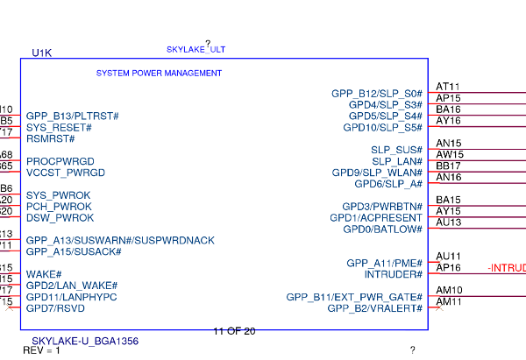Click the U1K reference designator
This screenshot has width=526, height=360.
(x=41, y=53)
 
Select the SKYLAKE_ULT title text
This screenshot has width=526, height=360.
(x=195, y=50)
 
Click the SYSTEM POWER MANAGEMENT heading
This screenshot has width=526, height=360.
(x=159, y=74)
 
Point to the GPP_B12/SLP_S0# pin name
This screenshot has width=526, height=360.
(x=376, y=93)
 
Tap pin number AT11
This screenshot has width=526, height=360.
(x=448, y=87)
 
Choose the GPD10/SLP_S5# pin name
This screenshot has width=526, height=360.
(x=385, y=127)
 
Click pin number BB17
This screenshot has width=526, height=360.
(x=448, y=166)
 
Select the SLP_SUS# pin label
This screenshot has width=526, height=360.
(x=396, y=150)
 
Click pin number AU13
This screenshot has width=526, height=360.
(x=448, y=222)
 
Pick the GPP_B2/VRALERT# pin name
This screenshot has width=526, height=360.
(x=375, y=308)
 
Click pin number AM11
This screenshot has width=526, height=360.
(x=449, y=301)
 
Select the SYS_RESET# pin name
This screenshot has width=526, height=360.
(x=59, y=127)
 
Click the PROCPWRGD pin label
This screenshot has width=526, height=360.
(x=60, y=161)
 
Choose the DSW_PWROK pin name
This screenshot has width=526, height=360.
(x=60, y=217)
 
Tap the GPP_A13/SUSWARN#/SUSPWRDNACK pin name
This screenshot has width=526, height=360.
(x=120, y=240)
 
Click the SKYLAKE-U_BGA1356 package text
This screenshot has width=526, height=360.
(x=85, y=341)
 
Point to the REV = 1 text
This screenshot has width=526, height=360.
(x=41, y=351)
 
